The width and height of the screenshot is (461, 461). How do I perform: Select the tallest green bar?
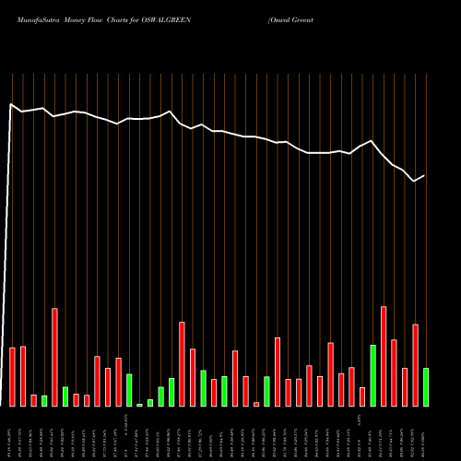click(x=372, y=375)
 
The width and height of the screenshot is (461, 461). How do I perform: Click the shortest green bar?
click(x=140, y=404)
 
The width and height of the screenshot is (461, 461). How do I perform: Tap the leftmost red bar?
click(x=13, y=376)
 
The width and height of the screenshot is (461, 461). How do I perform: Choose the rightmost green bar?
click(x=425, y=386)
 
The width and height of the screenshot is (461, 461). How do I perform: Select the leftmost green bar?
click(x=44, y=400)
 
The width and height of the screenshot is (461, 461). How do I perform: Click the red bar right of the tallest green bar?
click(x=384, y=356)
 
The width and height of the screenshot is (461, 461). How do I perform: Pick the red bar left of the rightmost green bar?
click(x=415, y=365)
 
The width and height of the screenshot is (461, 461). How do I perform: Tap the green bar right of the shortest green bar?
click(x=150, y=402)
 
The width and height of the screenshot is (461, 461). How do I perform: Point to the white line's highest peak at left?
click(x=12, y=104)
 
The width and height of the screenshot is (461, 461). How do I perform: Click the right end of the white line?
click(x=425, y=175)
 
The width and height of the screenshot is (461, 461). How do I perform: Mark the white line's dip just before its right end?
click(x=415, y=181)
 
